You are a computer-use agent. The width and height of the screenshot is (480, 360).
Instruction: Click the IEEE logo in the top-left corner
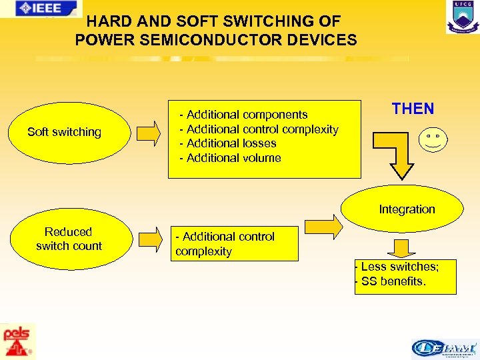(x=41, y=8)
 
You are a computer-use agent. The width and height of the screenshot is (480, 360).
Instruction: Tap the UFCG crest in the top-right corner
(x=462, y=17)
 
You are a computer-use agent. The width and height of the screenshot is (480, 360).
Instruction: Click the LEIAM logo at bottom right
(x=444, y=349)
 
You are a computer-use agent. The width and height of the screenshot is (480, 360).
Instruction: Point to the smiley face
(x=433, y=140)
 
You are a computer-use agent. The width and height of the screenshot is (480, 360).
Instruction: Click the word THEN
(x=413, y=109)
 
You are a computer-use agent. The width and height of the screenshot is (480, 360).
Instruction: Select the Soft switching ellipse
(x=64, y=132)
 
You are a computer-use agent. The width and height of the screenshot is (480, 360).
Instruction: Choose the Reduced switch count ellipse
(x=69, y=239)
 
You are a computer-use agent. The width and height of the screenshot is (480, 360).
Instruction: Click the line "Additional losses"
(x=231, y=143)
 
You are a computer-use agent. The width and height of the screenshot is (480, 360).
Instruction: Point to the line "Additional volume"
(x=234, y=158)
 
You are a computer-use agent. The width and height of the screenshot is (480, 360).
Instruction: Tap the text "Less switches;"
(x=399, y=267)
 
